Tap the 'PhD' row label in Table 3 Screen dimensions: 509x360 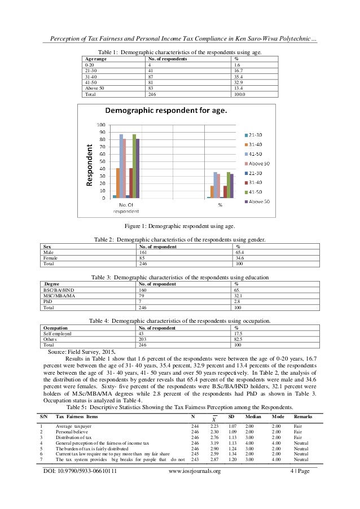point(49,302)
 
